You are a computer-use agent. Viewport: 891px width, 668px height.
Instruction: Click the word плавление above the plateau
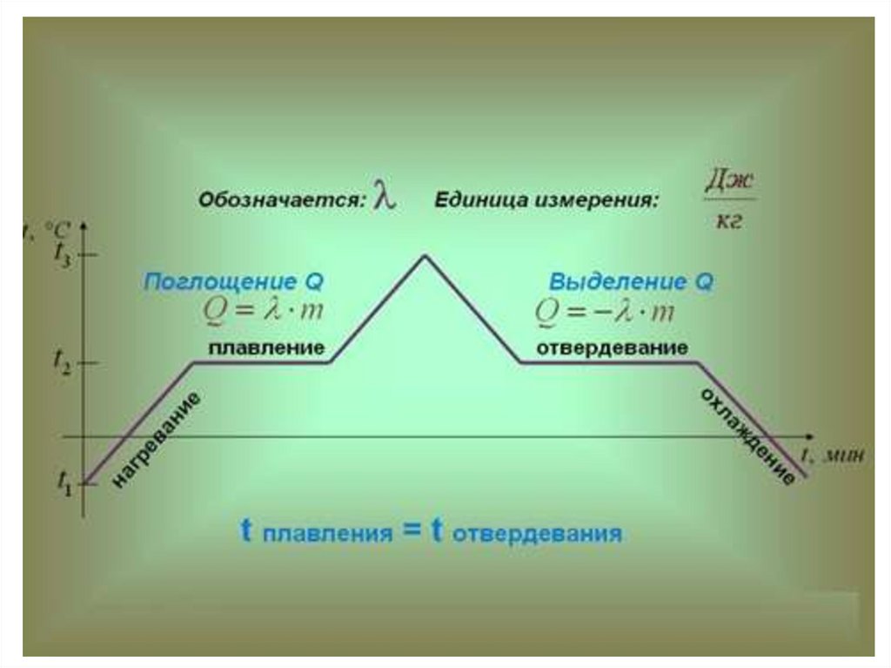(x=266, y=347)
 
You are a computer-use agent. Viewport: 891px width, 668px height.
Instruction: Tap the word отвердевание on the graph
(x=612, y=348)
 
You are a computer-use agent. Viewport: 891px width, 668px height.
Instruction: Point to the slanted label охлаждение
(x=747, y=435)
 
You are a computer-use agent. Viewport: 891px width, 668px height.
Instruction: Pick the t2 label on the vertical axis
(x=64, y=360)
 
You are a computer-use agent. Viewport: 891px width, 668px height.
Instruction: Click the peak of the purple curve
(x=425, y=255)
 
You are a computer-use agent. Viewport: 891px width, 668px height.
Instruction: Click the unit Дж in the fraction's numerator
(x=728, y=181)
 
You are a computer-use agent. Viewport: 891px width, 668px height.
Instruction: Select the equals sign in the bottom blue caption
(x=412, y=530)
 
